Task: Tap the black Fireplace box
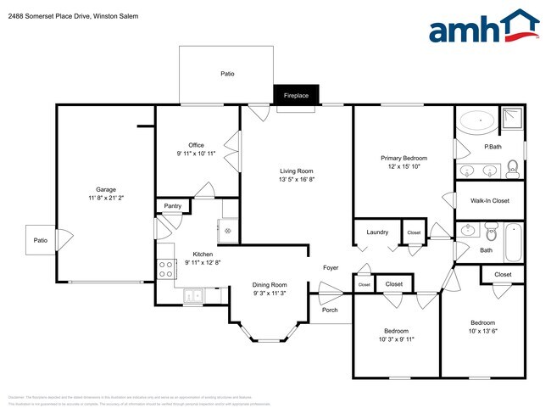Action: (x=296, y=96)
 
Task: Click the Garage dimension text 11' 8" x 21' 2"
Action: (x=105, y=198)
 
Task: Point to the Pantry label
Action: (x=172, y=205)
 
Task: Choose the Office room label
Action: (x=196, y=145)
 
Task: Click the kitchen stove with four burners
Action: (x=166, y=269)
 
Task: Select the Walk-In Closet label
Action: (x=489, y=200)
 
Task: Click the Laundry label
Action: (x=377, y=232)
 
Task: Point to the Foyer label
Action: (x=331, y=268)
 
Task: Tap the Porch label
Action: (x=330, y=310)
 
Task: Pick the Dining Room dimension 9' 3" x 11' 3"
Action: (x=270, y=294)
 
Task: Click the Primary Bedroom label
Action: (x=404, y=158)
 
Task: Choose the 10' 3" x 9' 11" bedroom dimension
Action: (x=396, y=339)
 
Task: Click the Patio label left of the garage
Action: (x=41, y=241)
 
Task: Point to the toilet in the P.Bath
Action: (x=512, y=172)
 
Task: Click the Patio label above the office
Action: (x=227, y=75)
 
